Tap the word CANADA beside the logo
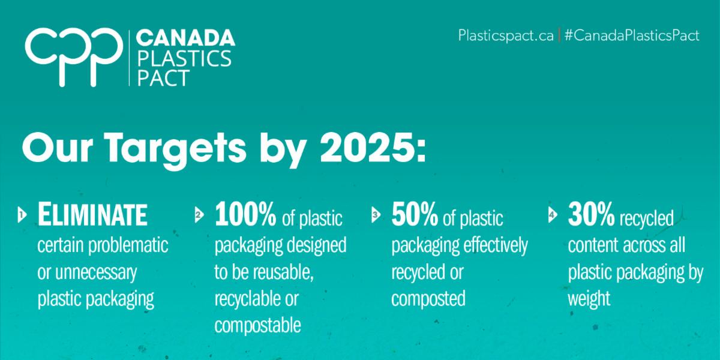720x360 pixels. (186, 38)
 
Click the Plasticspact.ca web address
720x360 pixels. (506, 35)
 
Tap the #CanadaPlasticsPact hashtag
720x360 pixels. (632, 35)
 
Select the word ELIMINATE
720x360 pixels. (92, 214)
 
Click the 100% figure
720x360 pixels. (245, 214)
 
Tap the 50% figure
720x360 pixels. (415, 214)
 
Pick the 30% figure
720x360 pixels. (591, 214)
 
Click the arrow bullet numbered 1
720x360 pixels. (22, 215)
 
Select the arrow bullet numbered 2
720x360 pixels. (199, 215)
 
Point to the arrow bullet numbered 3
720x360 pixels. (376, 214)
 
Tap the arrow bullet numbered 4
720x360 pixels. (552, 215)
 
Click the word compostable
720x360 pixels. (257, 326)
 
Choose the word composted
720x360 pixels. (428, 299)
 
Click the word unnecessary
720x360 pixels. (96, 273)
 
